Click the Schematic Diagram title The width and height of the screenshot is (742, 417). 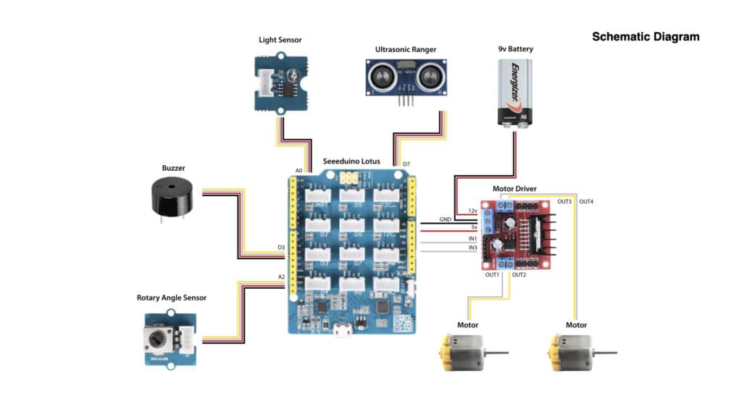point(646,36)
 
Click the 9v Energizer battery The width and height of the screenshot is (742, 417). point(514,93)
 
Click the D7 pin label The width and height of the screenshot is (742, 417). point(406,164)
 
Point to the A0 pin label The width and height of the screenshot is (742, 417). point(299,171)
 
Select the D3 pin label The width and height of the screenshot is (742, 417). point(280,248)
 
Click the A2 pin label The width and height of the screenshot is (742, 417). point(280,277)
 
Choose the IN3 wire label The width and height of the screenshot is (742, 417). point(472,248)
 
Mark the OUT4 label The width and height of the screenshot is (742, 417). point(586,201)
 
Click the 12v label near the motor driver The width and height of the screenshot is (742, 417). point(472,210)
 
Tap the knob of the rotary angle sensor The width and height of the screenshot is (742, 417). point(159,338)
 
